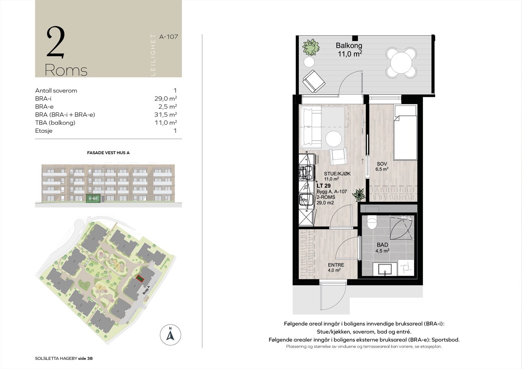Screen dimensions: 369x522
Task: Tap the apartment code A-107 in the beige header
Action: point(168,37)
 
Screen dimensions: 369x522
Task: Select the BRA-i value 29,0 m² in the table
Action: point(165,99)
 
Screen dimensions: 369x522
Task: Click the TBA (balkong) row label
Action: point(55,123)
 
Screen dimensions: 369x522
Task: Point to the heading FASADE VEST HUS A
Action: point(108,153)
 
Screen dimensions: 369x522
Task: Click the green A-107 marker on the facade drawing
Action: point(93,198)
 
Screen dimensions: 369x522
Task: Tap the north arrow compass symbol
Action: point(170,335)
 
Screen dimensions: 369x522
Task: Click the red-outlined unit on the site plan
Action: point(140,279)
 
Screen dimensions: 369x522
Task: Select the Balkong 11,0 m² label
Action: point(349,50)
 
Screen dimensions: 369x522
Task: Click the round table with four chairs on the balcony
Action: point(401,62)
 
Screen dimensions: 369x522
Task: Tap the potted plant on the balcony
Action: point(310,47)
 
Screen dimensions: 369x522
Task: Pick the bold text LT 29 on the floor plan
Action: point(323,186)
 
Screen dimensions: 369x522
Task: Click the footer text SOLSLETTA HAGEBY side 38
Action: point(64,358)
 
